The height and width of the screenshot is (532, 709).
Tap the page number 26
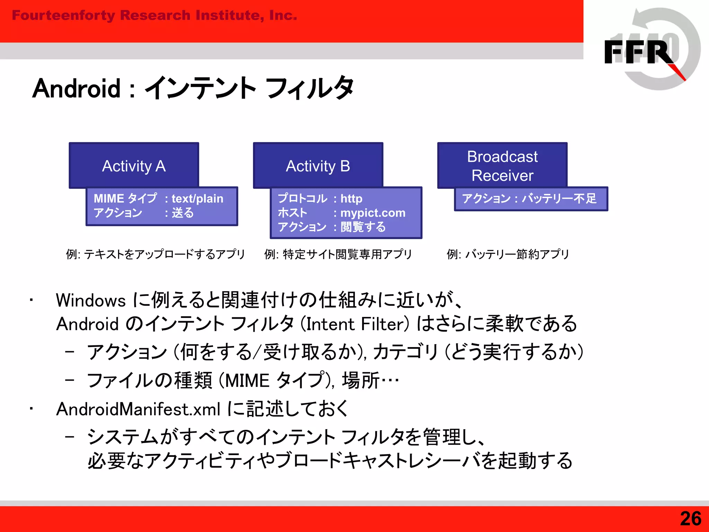[x=690, y=518]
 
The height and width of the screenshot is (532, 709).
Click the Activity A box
[x=134, y=166]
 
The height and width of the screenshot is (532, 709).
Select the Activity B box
[x=318, y=166]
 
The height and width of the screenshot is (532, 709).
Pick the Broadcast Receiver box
[x=502, y=166]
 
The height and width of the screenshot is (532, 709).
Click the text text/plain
[x=197, y=198]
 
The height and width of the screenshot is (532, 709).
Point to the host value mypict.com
[x=373, y=213]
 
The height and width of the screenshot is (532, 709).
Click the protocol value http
[x=351, y=198]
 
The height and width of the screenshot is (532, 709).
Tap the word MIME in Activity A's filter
[x=109, y=198]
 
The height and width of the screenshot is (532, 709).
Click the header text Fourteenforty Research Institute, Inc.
[x=154, y=15]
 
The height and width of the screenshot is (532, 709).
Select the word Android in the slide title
[x=76, y=88]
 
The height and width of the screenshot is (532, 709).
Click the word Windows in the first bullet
[x=91, y=300]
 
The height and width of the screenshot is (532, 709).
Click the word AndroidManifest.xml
[x=138, y=409]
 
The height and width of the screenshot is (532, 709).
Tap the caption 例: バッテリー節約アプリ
[x=508, y=254]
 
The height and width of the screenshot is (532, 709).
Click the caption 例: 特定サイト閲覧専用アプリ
[x=338, y=254]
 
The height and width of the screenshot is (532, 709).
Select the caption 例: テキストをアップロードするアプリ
[x=155, y=254]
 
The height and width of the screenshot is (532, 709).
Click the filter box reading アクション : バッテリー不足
[x=530, y=199]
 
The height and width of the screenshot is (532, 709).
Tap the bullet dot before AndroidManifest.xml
[x=31, y=409]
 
